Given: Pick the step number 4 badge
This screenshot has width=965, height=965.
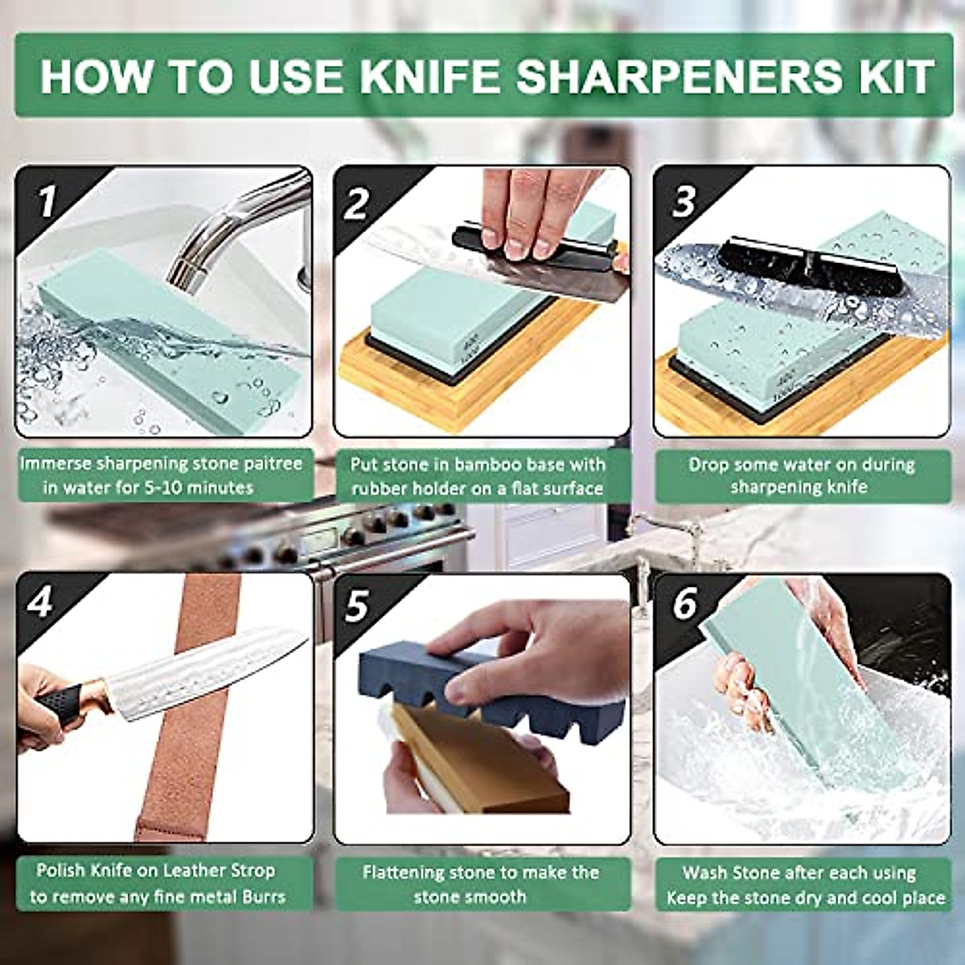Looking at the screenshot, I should [x=39, y=602].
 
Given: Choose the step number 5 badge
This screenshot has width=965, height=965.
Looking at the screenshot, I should [x=356, y=606].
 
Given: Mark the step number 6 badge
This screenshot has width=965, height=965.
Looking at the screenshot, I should [x=684, y=604].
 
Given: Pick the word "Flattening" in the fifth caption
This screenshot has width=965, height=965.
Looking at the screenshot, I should [x=404, y=873].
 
